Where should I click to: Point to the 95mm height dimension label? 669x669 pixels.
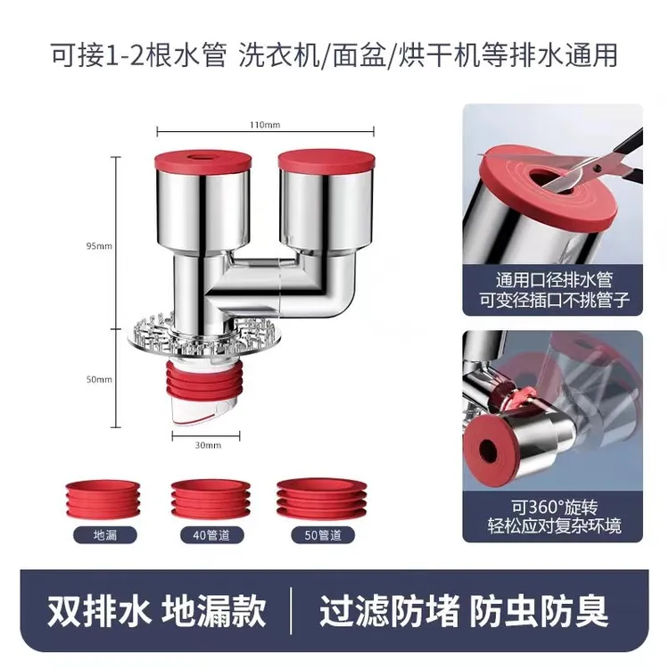coord(101,246)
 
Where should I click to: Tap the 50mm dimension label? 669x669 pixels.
coord(101,379)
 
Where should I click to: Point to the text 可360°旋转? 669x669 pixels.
coord(552,507)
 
